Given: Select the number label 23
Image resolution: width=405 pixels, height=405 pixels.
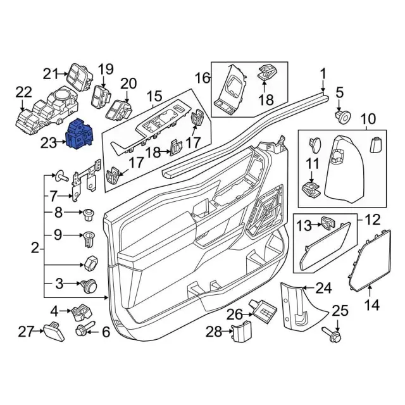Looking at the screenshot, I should (49, 144).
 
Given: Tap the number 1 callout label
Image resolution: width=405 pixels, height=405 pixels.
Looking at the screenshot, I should (323, 73).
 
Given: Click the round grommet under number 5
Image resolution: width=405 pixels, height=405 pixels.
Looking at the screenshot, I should (344, 118).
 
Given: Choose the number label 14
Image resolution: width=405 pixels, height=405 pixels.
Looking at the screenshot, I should (372, 306).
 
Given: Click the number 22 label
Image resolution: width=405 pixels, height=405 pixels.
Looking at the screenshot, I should (23, 92).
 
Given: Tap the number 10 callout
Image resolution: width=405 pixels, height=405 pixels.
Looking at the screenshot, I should (368, 118).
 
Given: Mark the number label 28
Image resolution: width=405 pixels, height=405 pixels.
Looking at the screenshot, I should (213, 331).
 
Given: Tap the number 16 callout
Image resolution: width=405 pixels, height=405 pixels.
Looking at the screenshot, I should (202, 78).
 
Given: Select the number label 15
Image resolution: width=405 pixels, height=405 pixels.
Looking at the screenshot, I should (154, 97).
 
